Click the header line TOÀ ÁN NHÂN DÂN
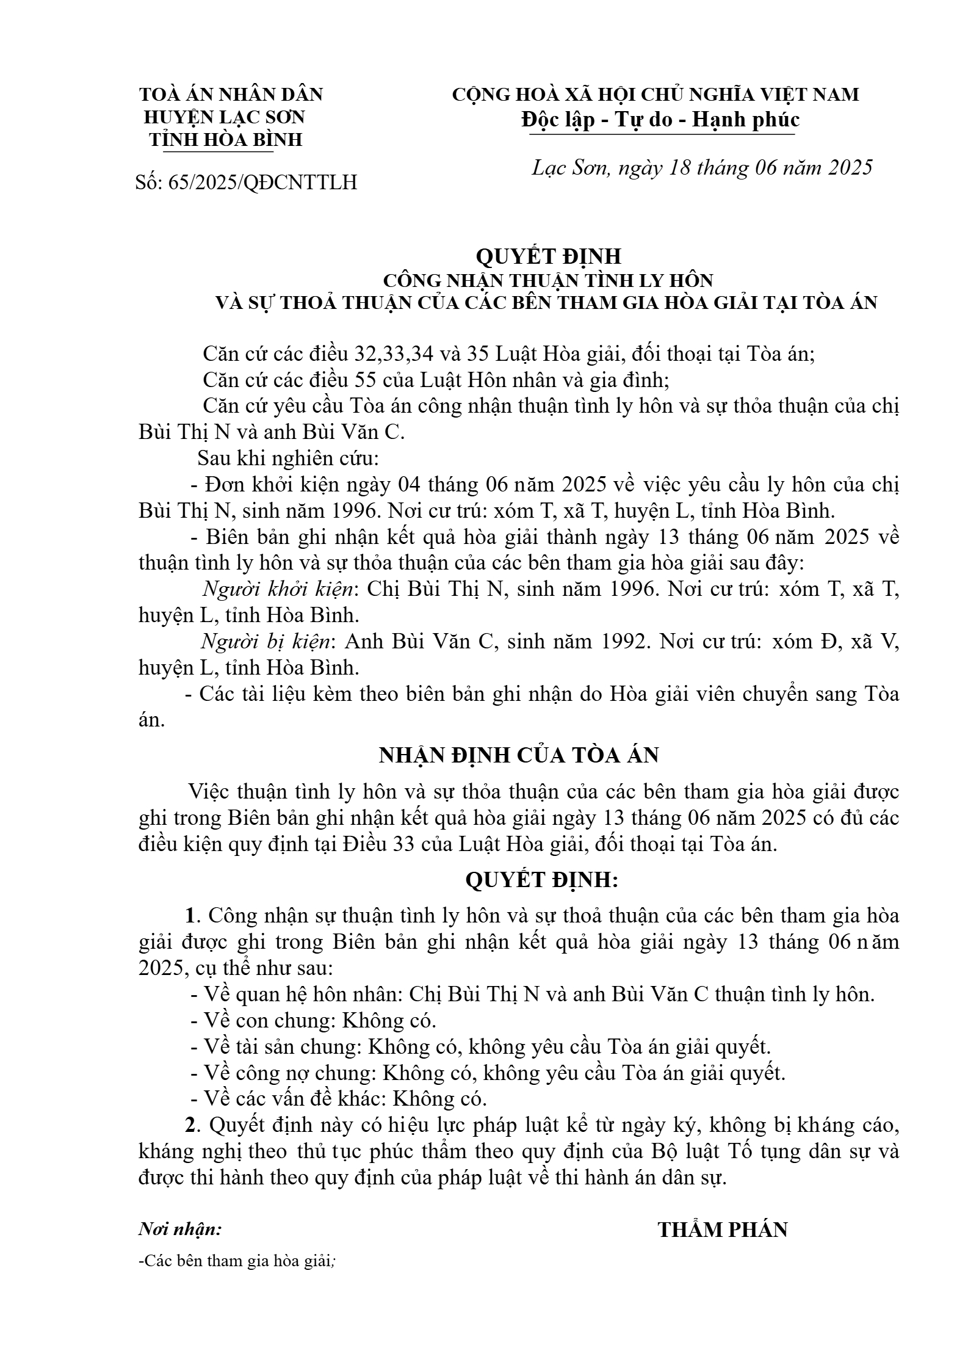click(231, 95)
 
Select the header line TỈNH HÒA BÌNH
click(226, 140)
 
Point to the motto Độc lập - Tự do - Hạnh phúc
click(660, 120)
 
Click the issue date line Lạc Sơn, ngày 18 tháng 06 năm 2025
click(703, 167)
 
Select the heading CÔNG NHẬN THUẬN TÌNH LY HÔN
click(547, 280)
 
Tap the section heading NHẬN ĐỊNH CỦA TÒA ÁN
click(519, 755)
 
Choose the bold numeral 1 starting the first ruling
click(190, 916)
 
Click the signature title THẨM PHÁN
click(723, 1230)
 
